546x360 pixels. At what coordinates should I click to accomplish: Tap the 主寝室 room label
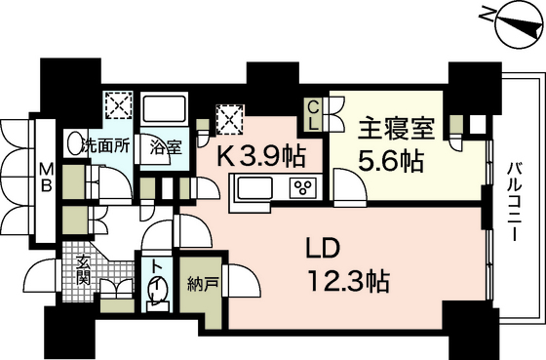397,130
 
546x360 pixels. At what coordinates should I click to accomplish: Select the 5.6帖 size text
391,161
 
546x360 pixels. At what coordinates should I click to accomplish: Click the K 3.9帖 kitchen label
261,156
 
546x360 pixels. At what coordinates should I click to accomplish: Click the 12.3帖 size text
349,281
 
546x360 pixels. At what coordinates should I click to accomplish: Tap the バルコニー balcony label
513,201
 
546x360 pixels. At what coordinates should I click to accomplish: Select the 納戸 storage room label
203,284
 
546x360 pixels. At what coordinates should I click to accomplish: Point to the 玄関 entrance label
84,269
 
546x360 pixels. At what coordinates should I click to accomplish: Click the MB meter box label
46,178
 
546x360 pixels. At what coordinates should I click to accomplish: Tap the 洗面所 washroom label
105,146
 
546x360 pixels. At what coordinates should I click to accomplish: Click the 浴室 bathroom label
166,147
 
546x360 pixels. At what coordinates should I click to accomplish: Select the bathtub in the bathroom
164,109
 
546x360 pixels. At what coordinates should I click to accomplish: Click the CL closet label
313,116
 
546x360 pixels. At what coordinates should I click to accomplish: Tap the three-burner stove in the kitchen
303,188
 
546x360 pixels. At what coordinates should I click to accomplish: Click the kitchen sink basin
254,188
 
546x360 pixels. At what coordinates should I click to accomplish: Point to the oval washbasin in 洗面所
73,143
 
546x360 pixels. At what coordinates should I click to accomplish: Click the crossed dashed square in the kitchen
229,120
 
